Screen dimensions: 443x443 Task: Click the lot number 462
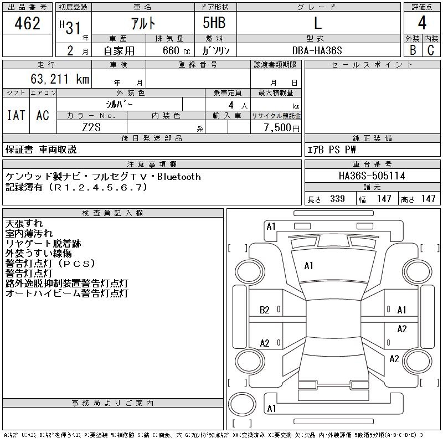(27, 23)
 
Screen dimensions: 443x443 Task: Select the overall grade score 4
(422, 23)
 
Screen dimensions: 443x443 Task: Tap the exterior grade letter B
(413, 50)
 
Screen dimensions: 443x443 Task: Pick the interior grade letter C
(431, 50)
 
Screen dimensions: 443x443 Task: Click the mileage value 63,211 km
(60, 79)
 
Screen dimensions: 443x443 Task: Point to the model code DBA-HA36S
(317, 50)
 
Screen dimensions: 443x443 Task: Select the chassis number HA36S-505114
(372, 176)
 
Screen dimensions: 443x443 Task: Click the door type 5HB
(214, 23)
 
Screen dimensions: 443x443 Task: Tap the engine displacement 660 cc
(176, 51)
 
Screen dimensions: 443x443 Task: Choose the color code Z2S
(91, 127)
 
